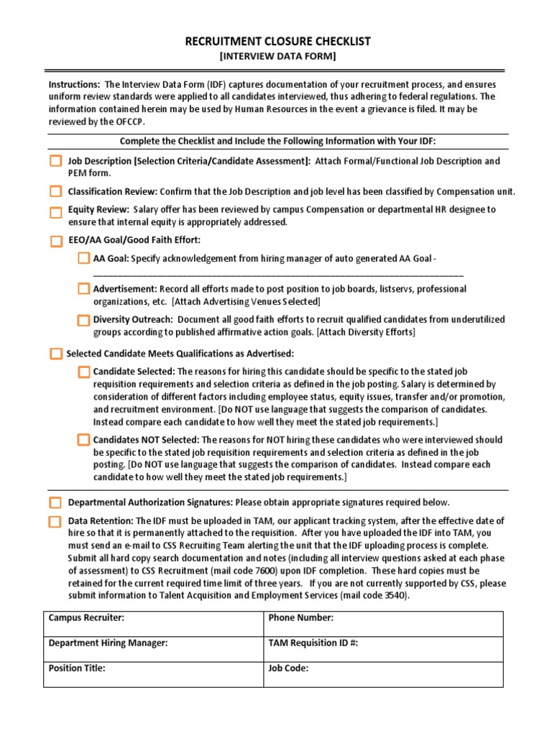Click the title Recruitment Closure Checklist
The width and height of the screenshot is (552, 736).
click(x=277, y=41)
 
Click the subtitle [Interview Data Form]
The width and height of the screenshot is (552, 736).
click(x=277, y=56)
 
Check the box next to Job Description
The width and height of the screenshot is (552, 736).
click(x=56, y=162)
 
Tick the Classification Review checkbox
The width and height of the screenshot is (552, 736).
click(x=56, y=191)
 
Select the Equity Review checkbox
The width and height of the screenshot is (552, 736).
click(x=56, y=212)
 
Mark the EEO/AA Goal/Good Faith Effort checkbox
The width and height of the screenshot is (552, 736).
click(x=56, y=241)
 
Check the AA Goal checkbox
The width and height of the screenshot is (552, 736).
click(x=83, y=259)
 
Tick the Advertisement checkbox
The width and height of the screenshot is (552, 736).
click(x=83, y=289)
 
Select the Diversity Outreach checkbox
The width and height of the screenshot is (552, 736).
click(x=83, y=320)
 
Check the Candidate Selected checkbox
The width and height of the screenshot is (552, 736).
click(x=83, y=372)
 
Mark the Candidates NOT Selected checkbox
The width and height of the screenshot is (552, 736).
click(x=83, y=440)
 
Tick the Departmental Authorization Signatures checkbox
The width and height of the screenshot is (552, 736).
click(x=56, y=502)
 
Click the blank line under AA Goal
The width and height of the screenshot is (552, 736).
click(x=278, y=274)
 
